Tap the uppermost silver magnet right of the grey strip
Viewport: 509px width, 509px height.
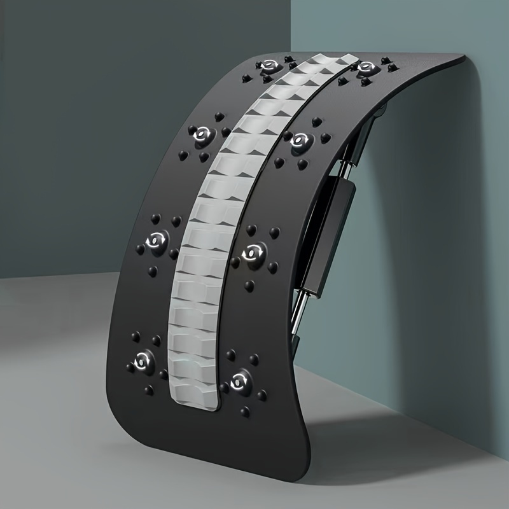(365, 68)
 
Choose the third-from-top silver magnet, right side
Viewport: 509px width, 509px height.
(254, 252)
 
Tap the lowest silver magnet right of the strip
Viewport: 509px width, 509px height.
(240, 380)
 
